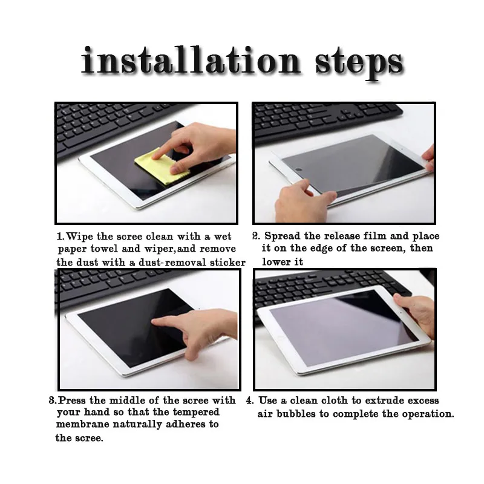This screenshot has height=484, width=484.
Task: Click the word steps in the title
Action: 359,64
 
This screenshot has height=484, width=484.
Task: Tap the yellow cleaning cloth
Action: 160,166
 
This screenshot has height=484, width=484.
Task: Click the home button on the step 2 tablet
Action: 298,169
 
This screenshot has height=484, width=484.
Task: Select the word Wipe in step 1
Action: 79,237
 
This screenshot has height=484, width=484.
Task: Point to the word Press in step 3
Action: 72,401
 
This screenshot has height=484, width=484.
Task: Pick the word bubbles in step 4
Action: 296,414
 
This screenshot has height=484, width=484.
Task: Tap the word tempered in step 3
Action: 196,413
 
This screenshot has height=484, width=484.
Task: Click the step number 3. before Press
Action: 53,401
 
